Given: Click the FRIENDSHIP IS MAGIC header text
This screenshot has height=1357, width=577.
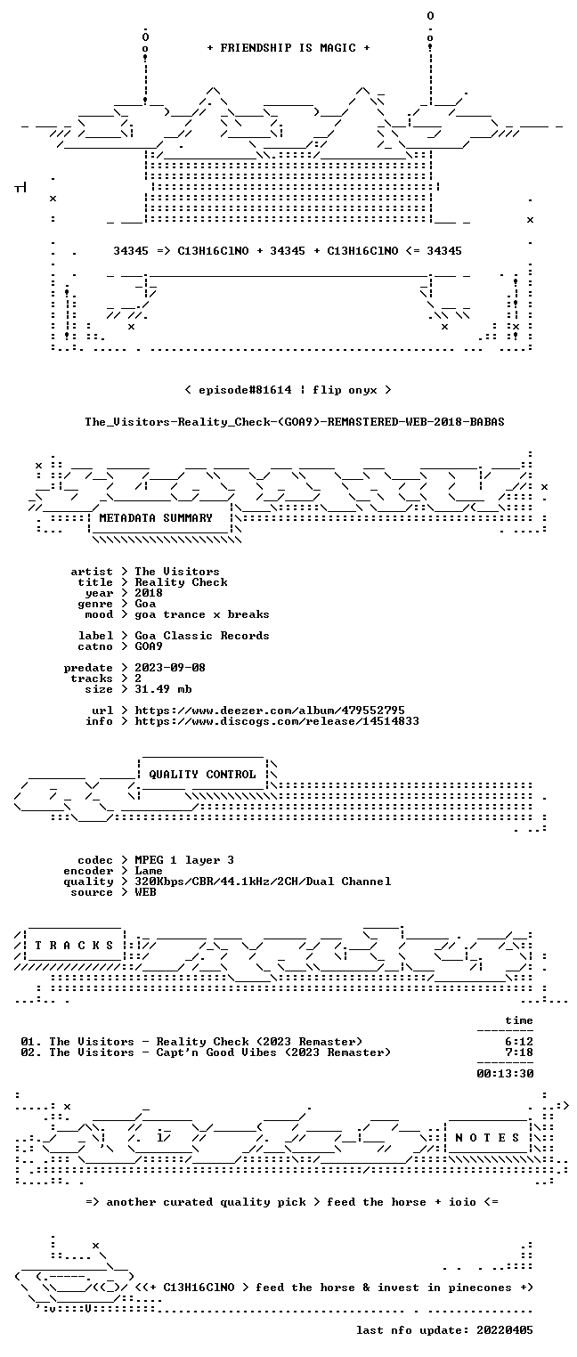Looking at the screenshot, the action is click(288, 48).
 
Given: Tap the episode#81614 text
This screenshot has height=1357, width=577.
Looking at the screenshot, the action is click(245, 390).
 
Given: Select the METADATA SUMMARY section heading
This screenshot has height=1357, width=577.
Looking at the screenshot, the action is click(156, 518).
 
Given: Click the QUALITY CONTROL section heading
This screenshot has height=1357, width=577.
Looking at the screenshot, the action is click(201, 774).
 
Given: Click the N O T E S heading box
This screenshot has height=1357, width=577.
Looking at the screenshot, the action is click(487, 1137).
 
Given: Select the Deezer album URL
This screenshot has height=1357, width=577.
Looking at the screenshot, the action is click(270, 710).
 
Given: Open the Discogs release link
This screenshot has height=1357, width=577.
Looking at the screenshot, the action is click(277, 721).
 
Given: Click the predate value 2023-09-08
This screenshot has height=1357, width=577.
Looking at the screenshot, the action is click(170, 668).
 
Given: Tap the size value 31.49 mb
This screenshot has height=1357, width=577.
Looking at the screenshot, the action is click(163, 689).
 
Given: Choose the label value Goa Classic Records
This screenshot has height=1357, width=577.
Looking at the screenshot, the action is click(202, 636).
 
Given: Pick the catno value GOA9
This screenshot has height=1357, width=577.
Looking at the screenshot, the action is click(149, 646).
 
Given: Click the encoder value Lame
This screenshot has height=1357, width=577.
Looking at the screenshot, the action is click(149, 871).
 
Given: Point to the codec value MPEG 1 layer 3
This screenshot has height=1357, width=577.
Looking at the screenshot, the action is click(184, 860).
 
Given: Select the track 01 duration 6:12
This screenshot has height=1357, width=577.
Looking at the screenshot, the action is click(519, 1042).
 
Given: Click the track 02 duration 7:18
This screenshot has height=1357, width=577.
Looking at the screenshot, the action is click(519, 1052).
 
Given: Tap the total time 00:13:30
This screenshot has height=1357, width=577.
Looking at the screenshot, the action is click(505, 1074).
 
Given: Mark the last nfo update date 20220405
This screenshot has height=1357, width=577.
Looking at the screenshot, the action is click(505, 1329).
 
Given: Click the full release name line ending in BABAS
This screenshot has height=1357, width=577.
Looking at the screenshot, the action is click(295, 422).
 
